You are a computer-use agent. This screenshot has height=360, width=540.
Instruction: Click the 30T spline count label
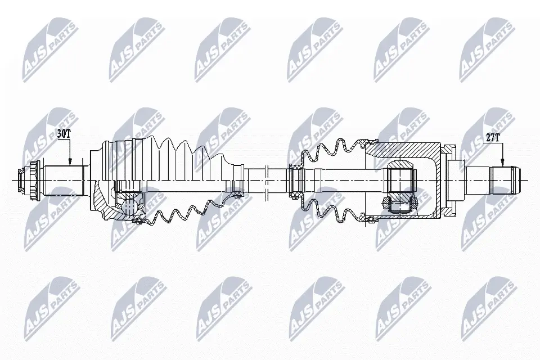64,133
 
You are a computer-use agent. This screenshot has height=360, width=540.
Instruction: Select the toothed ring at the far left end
33,180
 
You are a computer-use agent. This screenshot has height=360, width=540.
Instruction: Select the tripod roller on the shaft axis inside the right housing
400,179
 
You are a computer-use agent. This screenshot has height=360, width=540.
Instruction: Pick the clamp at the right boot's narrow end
293,180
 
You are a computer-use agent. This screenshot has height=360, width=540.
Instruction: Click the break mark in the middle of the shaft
266,180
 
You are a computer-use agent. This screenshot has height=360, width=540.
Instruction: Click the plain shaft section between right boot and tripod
349,180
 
